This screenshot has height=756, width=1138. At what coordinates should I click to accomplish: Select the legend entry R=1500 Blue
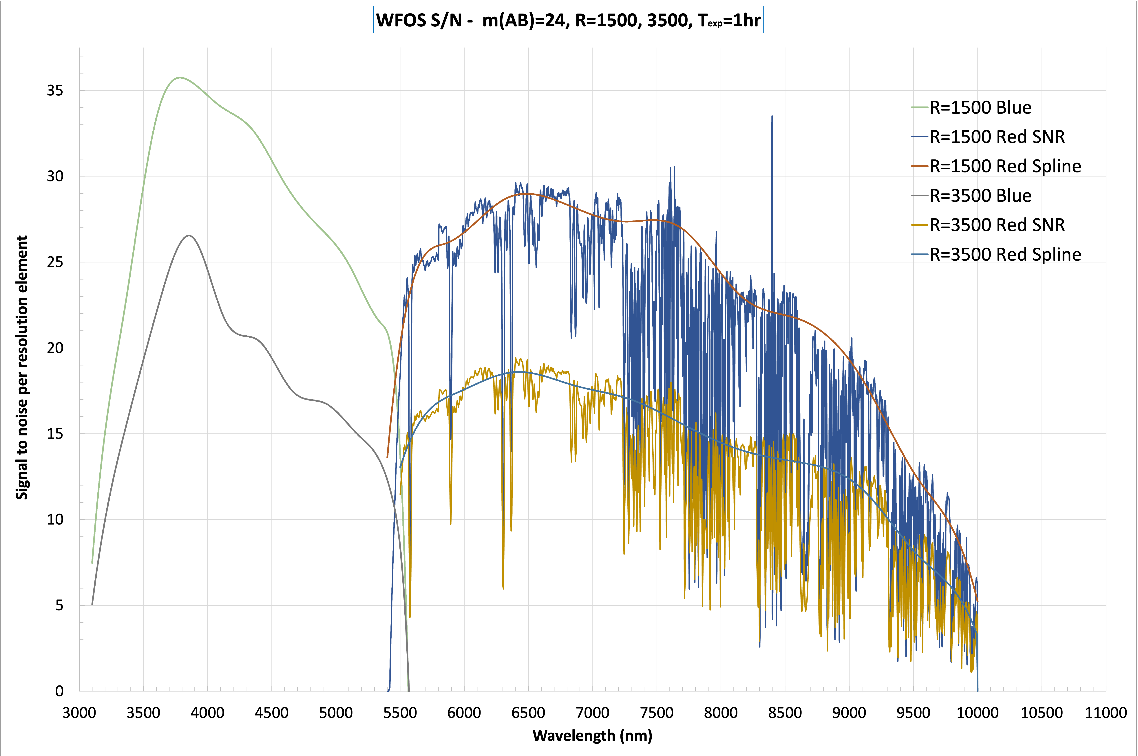[x=980, y=108]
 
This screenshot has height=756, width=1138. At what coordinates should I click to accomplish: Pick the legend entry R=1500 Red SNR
[x=997, y=137]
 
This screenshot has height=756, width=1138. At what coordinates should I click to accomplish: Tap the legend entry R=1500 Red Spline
[x=1005, y=166]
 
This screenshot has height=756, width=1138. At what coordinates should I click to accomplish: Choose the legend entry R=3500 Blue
[x=980, y=196]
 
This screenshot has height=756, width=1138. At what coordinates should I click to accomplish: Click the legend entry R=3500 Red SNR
[x=997, y=225]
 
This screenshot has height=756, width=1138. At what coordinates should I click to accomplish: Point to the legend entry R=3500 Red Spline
[x=1005, y=255]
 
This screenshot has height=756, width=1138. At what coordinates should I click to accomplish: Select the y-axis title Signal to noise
[x=22, y=367]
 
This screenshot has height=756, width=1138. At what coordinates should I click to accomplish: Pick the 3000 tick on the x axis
[x=79, y=713]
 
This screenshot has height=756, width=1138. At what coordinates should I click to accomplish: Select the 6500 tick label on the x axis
[x=528, y=713]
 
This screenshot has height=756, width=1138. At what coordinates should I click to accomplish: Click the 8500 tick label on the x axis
[x=785, y=713]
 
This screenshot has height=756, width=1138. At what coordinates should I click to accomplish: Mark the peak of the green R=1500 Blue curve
[x=179, y=78]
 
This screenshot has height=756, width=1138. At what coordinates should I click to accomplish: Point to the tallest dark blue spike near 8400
[x=772, y=117]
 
